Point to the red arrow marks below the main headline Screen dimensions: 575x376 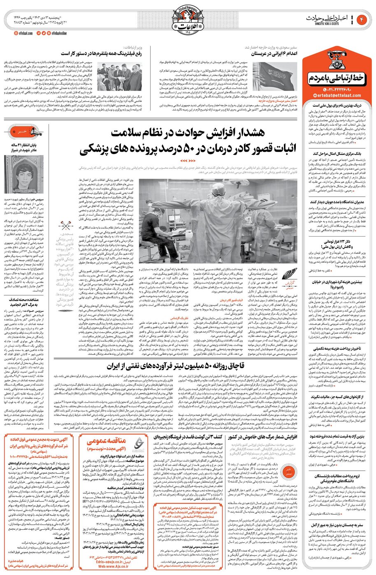pos(188,160)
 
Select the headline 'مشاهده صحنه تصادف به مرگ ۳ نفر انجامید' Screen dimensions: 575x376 pos(26,303)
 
